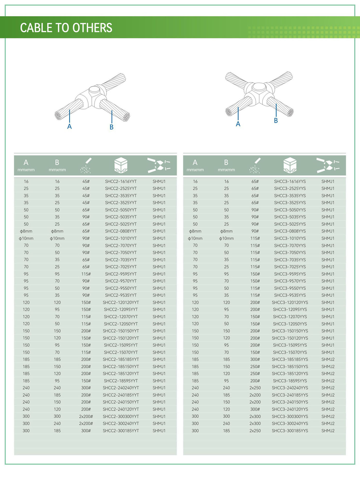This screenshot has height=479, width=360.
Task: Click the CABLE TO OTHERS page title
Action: click(66, 28)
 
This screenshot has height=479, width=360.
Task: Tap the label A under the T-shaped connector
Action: click(69, 126)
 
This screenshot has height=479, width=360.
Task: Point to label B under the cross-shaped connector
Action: click(276, 120)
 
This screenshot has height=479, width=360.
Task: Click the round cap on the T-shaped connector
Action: click(94, 90)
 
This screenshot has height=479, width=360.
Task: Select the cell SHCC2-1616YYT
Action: click(121, 181)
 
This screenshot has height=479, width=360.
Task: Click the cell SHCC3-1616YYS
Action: click(290, 181)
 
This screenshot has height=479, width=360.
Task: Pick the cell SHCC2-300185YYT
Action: click(121, 430)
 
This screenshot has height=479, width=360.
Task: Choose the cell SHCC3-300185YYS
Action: click(290, 430)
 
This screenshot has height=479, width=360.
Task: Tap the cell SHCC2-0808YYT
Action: click(121, 231)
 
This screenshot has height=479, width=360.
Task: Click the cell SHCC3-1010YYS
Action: click(290, 238)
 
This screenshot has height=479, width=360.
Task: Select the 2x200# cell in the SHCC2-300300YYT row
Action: click(86, 416)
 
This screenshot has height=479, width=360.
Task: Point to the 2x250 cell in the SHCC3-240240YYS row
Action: click(255, 388)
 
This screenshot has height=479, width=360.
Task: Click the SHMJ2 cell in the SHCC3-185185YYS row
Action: click(328, 359)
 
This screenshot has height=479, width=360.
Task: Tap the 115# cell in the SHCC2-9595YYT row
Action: click(86, 274)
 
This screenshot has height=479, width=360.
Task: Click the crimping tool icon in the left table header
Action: click(159, 165)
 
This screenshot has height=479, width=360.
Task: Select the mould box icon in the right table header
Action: click(290, 165)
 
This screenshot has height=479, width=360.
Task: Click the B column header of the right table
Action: click(226, 165)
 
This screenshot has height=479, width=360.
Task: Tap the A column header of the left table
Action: click(26, 165)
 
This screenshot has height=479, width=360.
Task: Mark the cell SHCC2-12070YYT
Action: click(121, 317)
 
